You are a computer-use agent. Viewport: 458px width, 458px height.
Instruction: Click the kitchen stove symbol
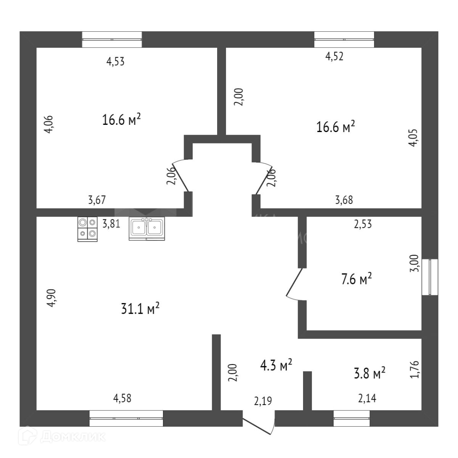[87, 229]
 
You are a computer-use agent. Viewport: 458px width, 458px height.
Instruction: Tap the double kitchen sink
[147, 229]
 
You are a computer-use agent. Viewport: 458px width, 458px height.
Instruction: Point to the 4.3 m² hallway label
[276, 365]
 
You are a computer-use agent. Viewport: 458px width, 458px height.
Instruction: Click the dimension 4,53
[115, 61]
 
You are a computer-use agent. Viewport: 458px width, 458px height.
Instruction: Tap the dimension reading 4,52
[334, 56]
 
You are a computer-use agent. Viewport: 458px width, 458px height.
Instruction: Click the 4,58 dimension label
[123, 398]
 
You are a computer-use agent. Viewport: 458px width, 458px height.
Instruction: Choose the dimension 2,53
[363, 224]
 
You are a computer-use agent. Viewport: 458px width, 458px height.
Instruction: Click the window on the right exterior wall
[430, 277]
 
